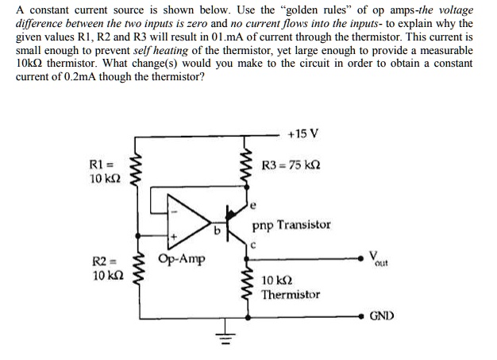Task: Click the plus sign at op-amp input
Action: (171, 236)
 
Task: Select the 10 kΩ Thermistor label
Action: (291, 287)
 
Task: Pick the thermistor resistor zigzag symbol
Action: (248, 286)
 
